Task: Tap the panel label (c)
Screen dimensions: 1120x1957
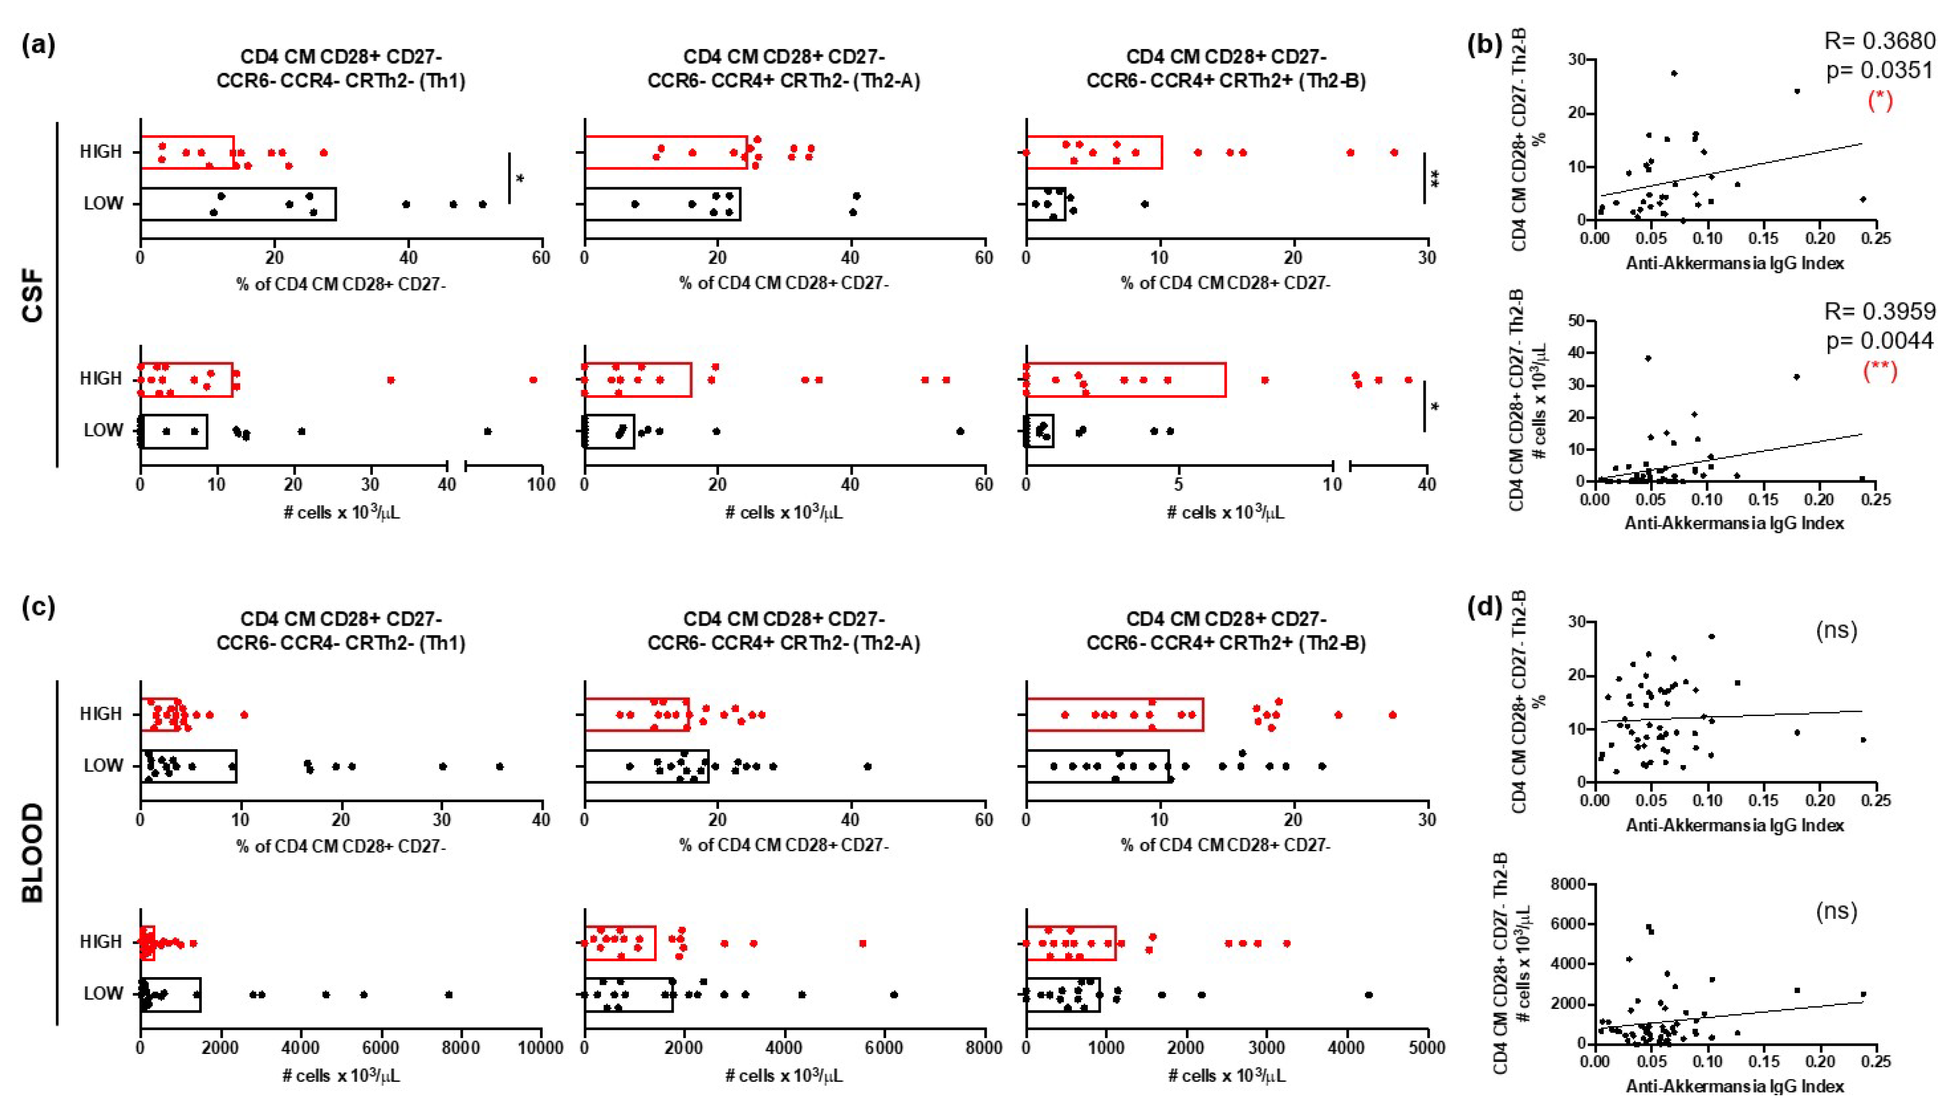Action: pyautogui.click(x=39, y=608)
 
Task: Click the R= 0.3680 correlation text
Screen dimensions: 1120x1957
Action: pyautogui.click(x=1879, y=41)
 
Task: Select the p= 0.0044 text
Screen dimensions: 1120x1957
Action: pyautogui.click(x=1879, y=341)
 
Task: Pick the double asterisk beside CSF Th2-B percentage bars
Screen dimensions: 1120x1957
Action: pyautogui.click(x=1435, y=179)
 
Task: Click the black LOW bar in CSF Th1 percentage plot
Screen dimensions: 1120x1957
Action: pyautogui.click(x=238, y=204)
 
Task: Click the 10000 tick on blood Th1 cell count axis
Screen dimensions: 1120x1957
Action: pyautogui.click(x=541, y=1048)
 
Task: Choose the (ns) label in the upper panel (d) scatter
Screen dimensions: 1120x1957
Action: pyautogui.click(x=1836, y=631)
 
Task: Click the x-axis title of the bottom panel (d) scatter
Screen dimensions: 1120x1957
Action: pyautogui.click(x=1734, y=1086)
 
